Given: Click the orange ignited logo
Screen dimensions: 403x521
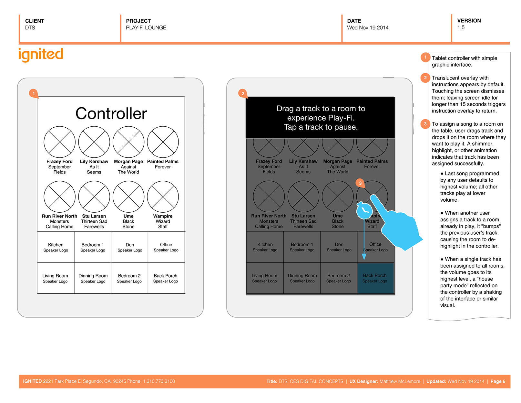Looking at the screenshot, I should pos(41,55).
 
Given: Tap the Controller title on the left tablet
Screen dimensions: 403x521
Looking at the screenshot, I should pos(111,113).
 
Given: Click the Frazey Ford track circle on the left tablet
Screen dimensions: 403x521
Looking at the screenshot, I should pos(60,142).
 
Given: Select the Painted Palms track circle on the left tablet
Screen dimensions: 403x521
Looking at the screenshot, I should pos(163,142).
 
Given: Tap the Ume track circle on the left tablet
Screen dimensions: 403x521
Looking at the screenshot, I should pos(128,196).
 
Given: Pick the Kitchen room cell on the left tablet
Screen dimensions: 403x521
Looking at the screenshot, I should pos(56,247).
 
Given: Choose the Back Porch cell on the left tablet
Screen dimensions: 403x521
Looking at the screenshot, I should pos(166,278).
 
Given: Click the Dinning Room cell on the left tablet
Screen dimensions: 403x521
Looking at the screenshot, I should pos(93,278).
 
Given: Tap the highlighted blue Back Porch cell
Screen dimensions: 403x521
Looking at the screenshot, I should pos(375,278).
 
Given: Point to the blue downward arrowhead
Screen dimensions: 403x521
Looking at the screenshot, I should pos(364,257).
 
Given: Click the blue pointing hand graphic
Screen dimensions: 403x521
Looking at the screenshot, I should pos(395,223).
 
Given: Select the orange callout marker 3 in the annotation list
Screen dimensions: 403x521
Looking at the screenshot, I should pos(425,124).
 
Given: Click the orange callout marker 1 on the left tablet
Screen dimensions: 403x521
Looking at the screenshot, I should pos(34,94).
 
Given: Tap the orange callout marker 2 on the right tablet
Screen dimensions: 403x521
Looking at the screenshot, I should pos(243,94).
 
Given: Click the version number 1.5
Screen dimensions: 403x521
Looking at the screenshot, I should pos(461,27).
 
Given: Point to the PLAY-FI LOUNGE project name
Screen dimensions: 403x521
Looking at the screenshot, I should pos(146,28).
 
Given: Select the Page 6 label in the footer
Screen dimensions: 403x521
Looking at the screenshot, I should pos(498,381).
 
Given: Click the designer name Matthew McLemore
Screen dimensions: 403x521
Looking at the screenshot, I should pos(400,381).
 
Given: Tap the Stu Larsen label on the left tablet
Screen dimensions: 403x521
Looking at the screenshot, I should pos(94,216).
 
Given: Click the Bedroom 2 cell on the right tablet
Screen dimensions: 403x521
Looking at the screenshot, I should pos(339,278).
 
